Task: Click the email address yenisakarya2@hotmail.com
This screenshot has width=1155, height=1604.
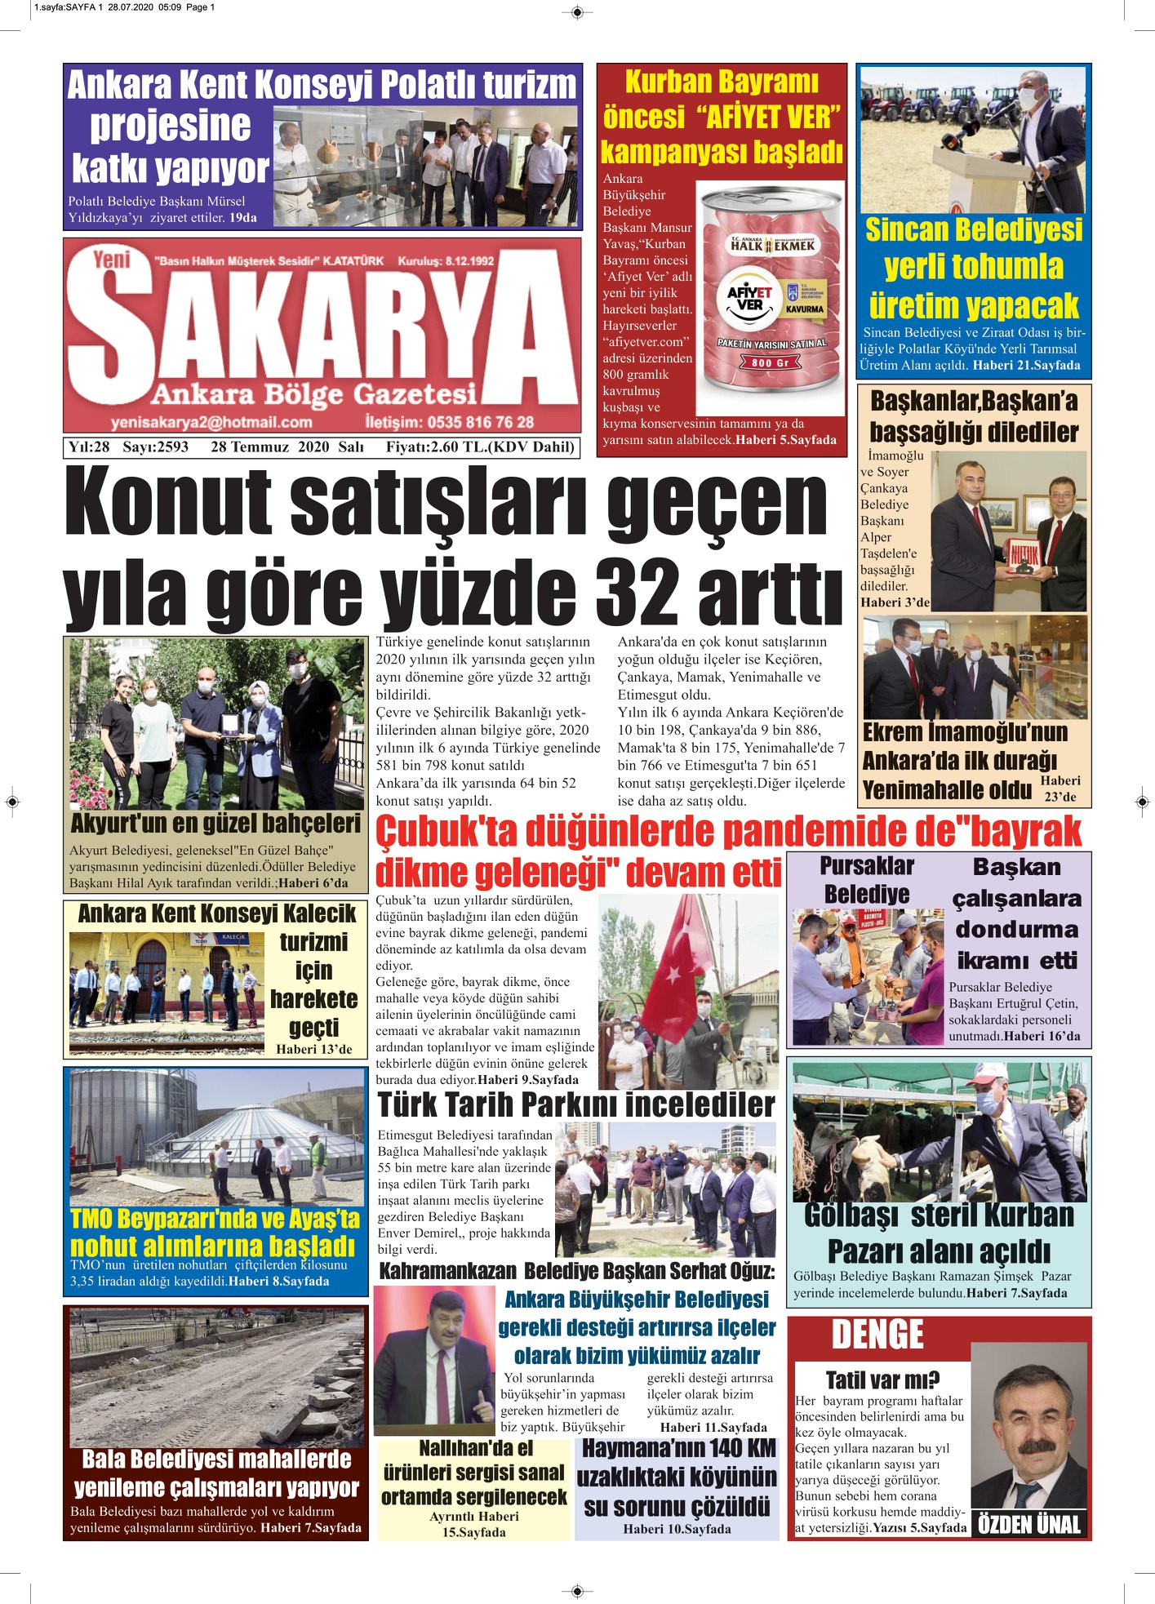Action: tap(211, 422)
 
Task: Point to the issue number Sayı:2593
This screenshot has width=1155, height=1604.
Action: tap(155, 447)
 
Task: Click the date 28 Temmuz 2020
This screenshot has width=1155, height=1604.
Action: tap(269, 447)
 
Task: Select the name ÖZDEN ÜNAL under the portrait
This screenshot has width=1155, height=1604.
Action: tap(1028, 1524)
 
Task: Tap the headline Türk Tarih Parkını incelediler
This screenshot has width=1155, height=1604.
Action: tap(575, 1104)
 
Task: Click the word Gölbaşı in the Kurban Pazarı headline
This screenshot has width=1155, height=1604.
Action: tap(853, 1215)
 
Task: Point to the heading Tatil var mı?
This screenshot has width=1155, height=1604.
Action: tap(882, 1380)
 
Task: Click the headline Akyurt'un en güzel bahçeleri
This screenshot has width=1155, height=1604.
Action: tap(215, 822)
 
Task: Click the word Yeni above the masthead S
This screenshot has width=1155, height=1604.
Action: tap(112, 259)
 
